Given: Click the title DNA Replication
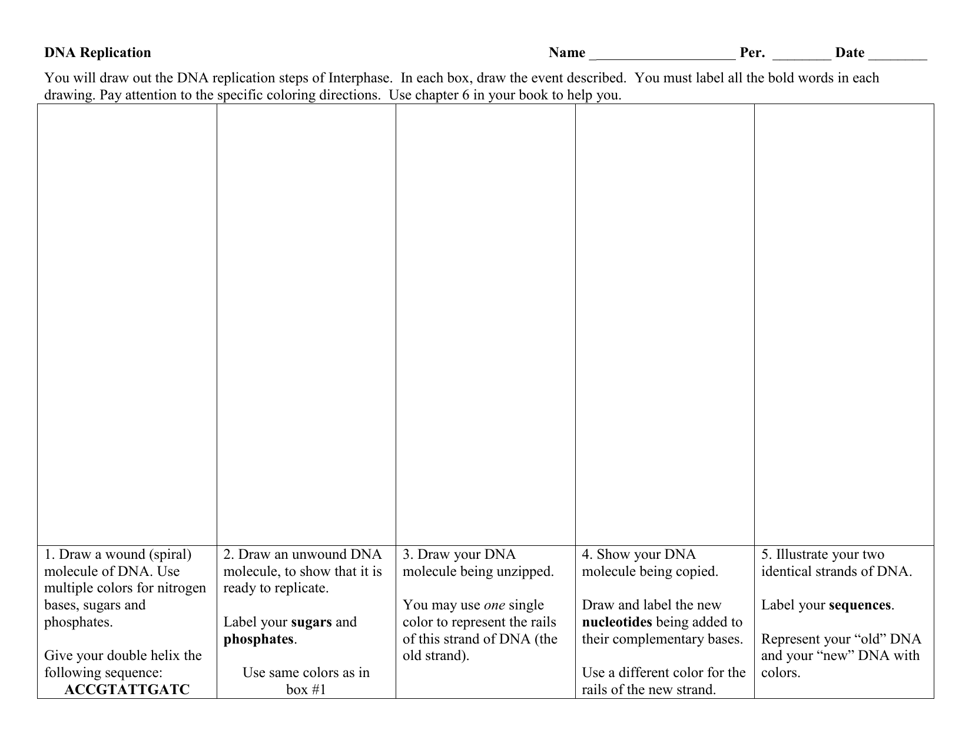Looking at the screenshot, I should (x=98, y=53).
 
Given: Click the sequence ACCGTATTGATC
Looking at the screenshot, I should (x=127, y=689).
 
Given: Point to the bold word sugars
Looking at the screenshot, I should (x=311, y=622).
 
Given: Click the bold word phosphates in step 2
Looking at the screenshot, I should (x=258, y=639).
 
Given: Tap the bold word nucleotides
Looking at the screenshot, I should (x=617, y=622).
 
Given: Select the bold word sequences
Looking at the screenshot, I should (x=860, y=605).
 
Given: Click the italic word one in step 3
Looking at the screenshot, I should (x=495, y=605).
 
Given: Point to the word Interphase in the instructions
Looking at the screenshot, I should (x=360, y=78).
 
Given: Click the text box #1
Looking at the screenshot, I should (x=306, y=689).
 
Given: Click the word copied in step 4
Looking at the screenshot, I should (x=698, y=572).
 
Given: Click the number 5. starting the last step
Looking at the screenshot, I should (x=767, y=555).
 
